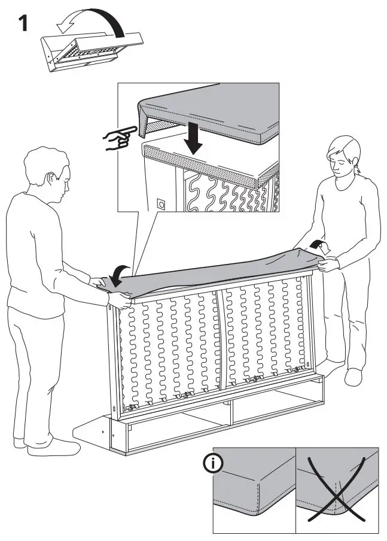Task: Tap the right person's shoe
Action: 354,376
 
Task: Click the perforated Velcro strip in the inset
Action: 203,162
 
